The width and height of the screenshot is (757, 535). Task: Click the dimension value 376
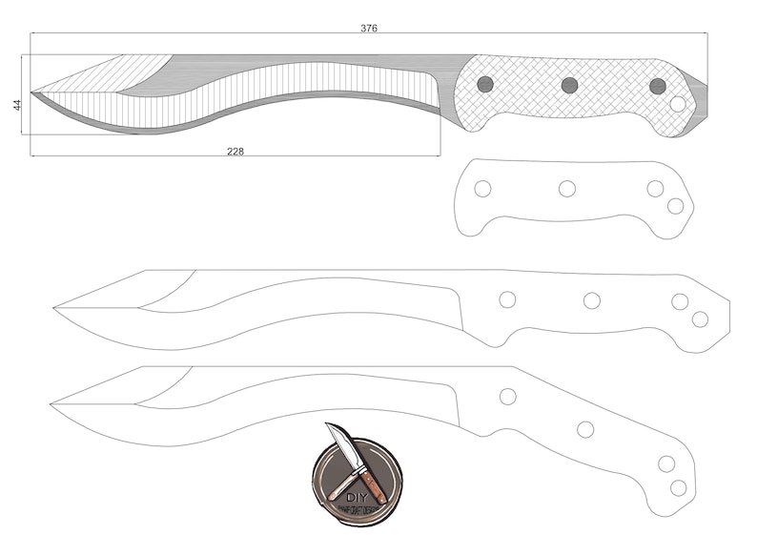pos(369,29)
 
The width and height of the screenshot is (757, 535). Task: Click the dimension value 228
pos(235,151)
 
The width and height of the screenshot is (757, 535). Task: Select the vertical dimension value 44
pos(17,104)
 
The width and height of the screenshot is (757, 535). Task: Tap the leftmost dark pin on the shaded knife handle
pos(484,84)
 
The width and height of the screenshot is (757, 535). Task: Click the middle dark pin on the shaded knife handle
pos(569,85)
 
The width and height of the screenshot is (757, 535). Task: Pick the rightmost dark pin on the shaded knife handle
pos(657,86)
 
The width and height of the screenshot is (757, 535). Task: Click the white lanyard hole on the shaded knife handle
pos(678,104)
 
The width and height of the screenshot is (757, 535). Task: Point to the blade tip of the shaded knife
pos(33,93)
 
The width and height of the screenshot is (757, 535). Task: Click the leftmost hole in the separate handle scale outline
pos(482,189)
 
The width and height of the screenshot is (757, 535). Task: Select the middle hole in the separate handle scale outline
pos(567,189)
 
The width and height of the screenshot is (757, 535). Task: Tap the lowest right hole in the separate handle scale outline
pos(675,206)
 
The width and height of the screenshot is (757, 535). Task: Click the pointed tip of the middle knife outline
pos(55,307)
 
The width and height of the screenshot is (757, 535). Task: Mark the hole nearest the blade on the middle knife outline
pos(507,299)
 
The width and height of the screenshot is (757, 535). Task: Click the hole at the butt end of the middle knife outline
pos(700,319)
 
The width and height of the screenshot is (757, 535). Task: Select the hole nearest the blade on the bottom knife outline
pos(507,396)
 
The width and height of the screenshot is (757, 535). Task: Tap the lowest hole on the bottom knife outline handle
pos(678,487)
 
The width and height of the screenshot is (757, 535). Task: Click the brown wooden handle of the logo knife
pos(373,485)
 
